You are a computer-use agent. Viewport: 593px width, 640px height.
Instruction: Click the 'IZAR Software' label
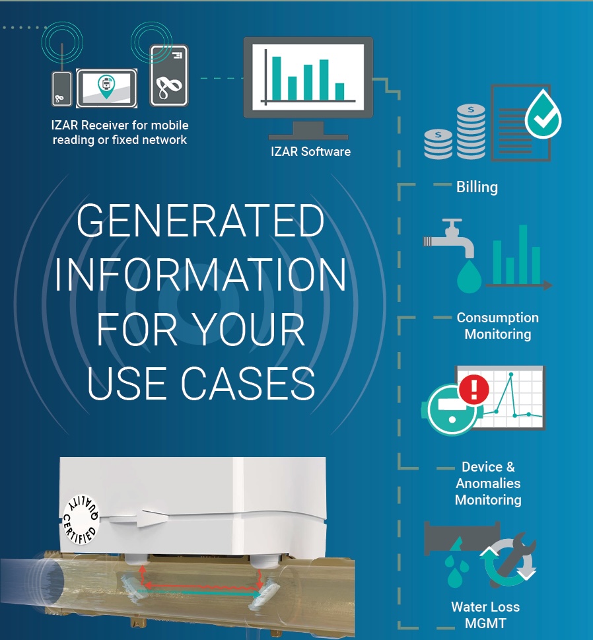tap(310, 152)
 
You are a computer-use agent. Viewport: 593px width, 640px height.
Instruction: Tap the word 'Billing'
tap(477, 188)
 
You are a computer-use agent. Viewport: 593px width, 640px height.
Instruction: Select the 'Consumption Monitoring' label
tap(497, 326)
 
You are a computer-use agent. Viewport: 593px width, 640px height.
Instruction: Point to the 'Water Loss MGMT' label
tap(485, 615)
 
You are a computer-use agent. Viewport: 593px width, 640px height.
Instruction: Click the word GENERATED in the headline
tap(200, 221)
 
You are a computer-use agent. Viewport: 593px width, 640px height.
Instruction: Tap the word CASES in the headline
tap(248, 383)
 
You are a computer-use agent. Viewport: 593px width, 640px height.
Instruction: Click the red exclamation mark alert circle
tap(474, 389)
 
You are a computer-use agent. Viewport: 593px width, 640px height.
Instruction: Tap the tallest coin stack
tap(471, 131)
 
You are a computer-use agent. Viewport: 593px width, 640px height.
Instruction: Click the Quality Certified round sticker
tap(81, 520)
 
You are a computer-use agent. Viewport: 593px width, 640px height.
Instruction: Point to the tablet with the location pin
tap(106, 88)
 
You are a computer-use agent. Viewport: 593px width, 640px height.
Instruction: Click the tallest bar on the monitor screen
tap(276, 79)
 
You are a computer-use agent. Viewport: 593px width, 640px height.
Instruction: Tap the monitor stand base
tap(308, 137)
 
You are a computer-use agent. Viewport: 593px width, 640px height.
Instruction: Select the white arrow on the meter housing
tap(138, 518)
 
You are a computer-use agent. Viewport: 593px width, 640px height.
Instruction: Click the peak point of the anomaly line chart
tap(510, 374)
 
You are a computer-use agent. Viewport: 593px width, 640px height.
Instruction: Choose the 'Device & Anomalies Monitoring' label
tap(488, 483)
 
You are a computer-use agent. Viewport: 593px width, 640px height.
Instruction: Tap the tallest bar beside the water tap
tap(523, 254)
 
